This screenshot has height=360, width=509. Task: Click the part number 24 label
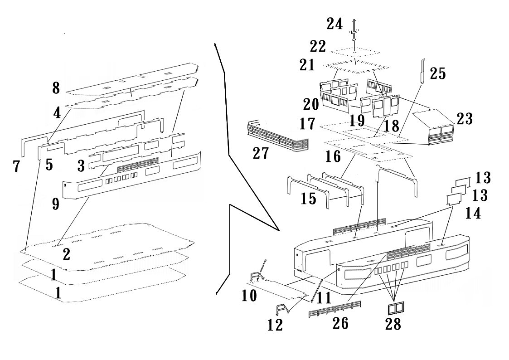tap(334, 24)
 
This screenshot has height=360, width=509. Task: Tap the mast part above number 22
tap(354, 29)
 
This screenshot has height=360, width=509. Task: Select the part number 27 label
tap(261, 153)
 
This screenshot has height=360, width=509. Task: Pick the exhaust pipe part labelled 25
tap(422, 71)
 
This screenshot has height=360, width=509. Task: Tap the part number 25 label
tap(437, 73)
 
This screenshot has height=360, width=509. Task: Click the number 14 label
tap(473, 213)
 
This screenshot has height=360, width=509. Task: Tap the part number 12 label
tap(275, 325)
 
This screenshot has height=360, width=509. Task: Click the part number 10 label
tap(249, 296)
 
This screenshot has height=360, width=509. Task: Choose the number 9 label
tap(55, 204)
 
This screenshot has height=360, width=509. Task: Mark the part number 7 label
tap(16, 166)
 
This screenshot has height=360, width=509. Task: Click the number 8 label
tap(56, 88)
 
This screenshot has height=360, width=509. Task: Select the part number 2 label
tap(66, 254)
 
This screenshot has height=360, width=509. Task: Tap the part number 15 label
tap(308, 198)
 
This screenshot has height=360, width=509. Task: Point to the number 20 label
tap(311, 104)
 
